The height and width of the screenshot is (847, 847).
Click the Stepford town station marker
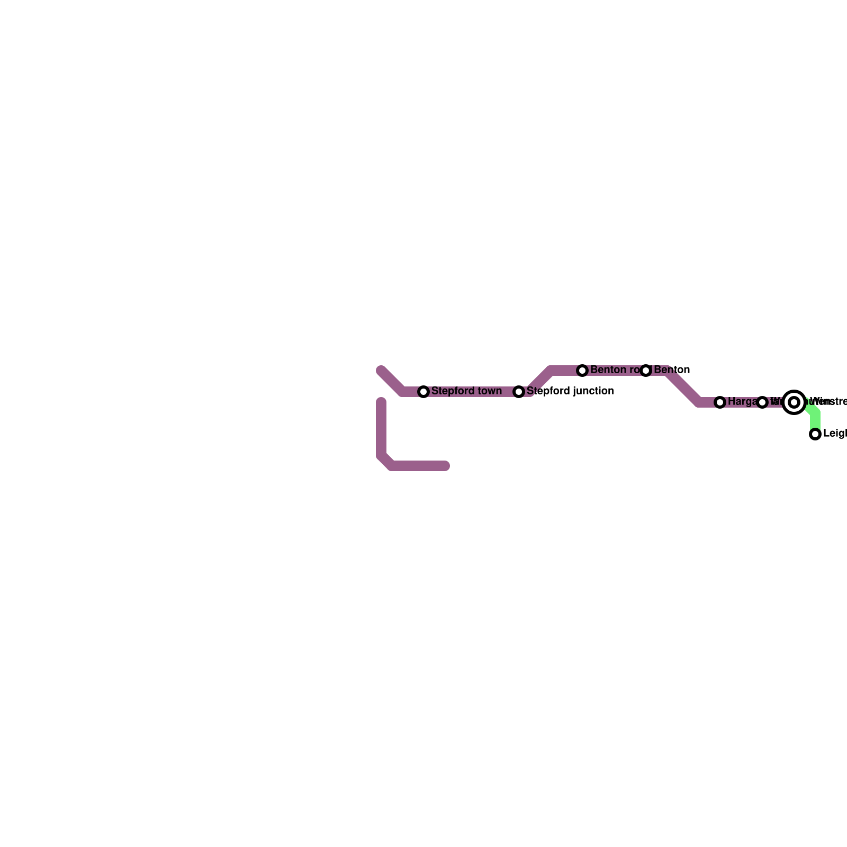click(x=424, y=392)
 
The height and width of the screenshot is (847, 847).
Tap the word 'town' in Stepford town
click(x=489, y=391)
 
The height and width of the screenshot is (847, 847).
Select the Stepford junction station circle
click(x=519, y=392)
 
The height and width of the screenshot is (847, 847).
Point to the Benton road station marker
click(x=582, y=371)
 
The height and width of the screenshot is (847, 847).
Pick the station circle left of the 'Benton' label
click(x=646, y=371)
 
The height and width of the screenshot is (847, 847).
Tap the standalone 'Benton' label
click(x=672, y=370)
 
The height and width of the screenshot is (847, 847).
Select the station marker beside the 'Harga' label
click(x=720, y=402)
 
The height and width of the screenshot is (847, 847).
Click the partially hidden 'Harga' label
click(x=742, y=402)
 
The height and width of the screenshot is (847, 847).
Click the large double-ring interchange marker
click(x=794, y=402)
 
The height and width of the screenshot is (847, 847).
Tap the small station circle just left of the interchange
click(x=762, y=402)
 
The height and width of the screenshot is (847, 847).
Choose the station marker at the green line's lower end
click(x=815, y=434)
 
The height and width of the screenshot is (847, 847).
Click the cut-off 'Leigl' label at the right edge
click(x=835, y=434)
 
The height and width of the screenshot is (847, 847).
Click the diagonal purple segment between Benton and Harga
click(x=683, y=386)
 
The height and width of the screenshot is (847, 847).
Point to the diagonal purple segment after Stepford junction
click(x=540, y=381)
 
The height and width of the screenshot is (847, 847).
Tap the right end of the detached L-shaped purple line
click(x=445, y=466)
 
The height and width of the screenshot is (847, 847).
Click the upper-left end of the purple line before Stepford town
click(x=382, y=371)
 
